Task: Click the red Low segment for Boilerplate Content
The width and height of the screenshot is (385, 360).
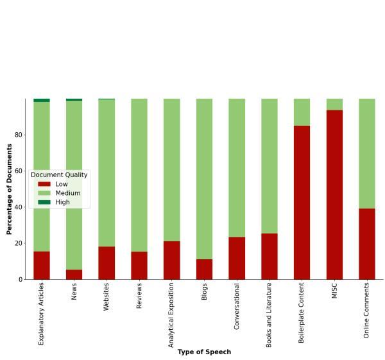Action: tap(302, 202)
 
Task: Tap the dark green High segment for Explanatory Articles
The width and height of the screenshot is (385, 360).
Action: tap(42, 100)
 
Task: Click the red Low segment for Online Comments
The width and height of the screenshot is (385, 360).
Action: tap(366, 244)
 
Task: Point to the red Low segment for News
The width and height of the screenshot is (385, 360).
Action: tap(74, 274)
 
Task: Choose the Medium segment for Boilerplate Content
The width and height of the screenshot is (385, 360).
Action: tap(302, 112)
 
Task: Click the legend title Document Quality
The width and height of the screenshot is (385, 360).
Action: tap(59, 175)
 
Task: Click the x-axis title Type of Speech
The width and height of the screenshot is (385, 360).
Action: tap(204, 352)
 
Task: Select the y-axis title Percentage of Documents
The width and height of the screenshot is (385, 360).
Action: tap(10, 189)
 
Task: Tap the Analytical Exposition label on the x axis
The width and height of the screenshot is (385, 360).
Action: tap(171, 314)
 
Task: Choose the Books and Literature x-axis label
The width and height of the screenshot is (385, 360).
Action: tap(269, 314)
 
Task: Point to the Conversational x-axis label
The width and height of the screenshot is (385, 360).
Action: tap(237, 306)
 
